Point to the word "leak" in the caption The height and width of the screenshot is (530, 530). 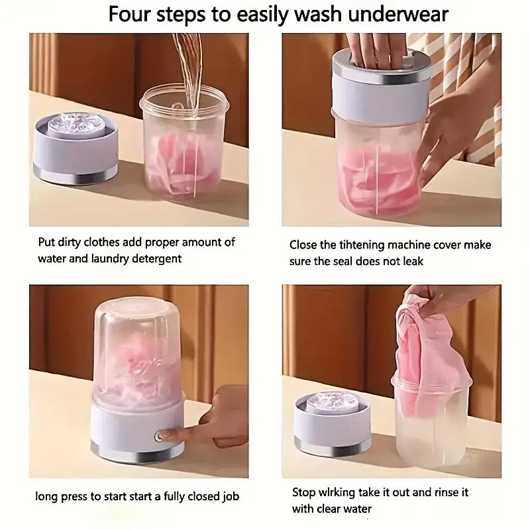[x=410, y=261]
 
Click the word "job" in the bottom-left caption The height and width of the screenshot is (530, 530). [x=227, y=496]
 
